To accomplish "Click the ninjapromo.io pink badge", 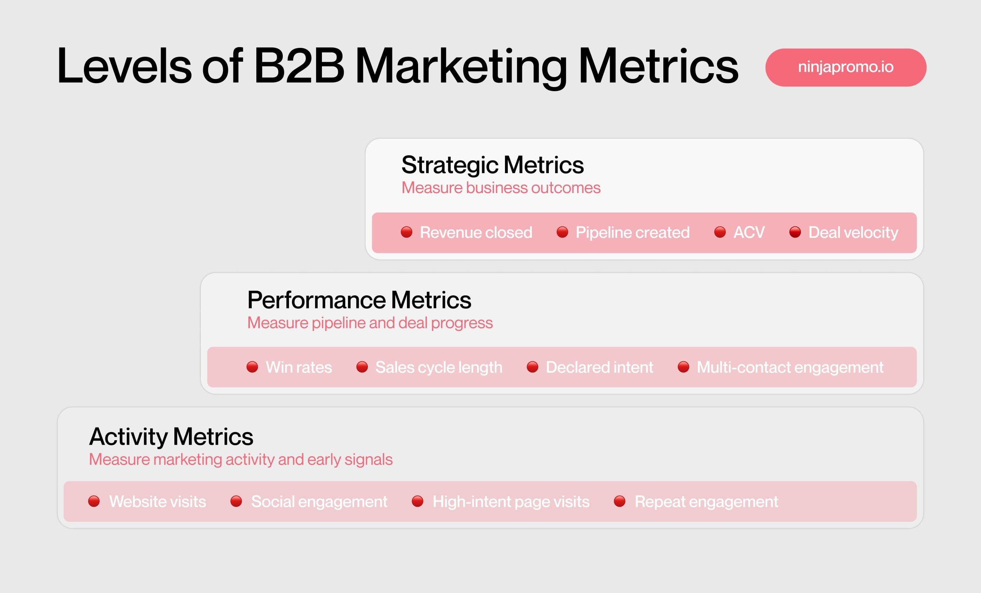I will click(845, 67).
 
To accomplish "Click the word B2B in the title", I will click(299, 66).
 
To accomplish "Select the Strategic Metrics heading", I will click(492, 165).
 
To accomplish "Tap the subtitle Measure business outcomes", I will click(501, 188).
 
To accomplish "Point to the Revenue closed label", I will click(476, 233).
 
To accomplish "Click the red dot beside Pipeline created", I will click(562, 232).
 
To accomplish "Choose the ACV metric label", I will click(749, 233).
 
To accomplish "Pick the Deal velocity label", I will click(853, 233).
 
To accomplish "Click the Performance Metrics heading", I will click(359, 300).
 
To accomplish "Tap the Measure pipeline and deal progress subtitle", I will click(370, 323).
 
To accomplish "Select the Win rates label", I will click(299, 367).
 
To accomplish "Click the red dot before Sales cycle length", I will click(362, 367).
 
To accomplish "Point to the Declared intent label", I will click(599, 367).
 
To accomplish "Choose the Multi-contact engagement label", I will click(790, 367).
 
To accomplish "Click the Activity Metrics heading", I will click(171, 437).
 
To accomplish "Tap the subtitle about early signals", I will click(241, 460).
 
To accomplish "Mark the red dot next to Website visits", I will click(94, 501).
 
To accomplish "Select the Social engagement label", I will click(319, 501).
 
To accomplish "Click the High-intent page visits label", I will click(511, 501).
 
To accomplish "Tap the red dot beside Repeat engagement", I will click(620, 501).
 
